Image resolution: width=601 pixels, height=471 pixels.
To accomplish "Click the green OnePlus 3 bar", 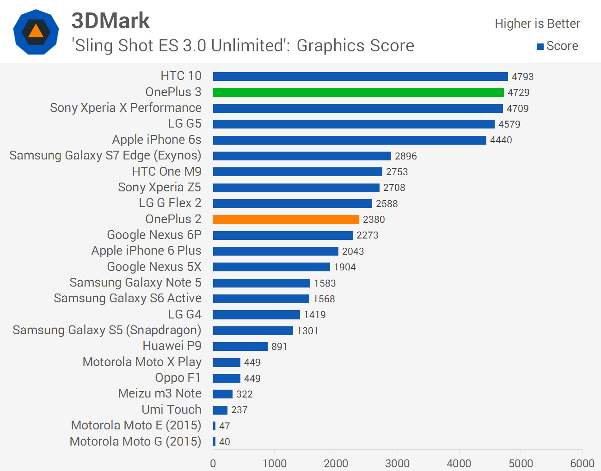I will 358,92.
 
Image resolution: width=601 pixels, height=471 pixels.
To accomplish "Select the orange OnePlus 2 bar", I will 286,219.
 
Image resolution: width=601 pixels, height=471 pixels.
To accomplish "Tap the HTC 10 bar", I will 361,76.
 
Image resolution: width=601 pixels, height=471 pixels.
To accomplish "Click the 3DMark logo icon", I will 36,32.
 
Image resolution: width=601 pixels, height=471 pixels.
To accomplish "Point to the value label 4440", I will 501,140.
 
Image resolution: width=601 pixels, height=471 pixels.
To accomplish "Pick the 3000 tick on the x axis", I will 398,463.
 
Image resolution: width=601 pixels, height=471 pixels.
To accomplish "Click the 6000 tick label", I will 582,463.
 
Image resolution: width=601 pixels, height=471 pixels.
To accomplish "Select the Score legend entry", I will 558,46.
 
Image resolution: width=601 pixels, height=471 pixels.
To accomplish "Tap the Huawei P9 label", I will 172,346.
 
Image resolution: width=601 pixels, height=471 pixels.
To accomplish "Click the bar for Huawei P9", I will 240,346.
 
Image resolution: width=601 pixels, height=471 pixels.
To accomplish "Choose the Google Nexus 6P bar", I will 283,235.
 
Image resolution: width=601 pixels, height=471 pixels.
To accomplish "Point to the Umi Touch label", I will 172,410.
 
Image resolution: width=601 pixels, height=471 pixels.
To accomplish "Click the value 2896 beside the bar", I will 406,156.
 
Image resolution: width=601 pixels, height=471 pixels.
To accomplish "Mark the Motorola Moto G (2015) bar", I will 215,441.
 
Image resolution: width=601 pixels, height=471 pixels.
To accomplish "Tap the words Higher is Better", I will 537,24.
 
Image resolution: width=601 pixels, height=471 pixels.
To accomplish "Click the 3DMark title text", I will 110,20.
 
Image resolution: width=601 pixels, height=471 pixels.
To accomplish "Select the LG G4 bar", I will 257,315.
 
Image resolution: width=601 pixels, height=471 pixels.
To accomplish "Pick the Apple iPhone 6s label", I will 157,140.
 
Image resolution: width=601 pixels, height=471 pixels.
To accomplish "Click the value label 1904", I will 345,267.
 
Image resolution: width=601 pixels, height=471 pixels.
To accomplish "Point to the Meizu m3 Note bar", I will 223,394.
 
